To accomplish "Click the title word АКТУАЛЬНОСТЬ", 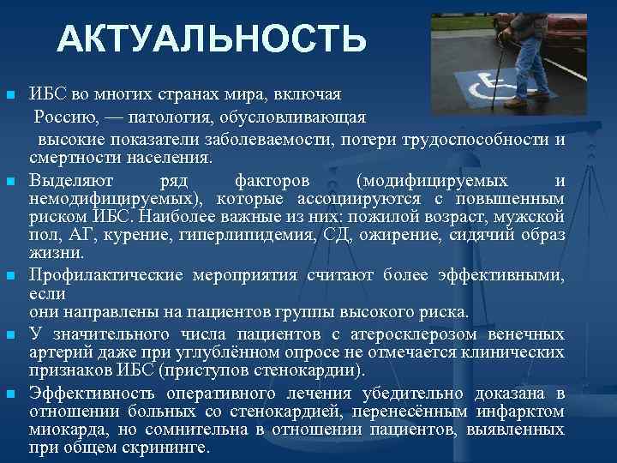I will click(212, 39).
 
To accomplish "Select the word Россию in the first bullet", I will click(63, 117).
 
